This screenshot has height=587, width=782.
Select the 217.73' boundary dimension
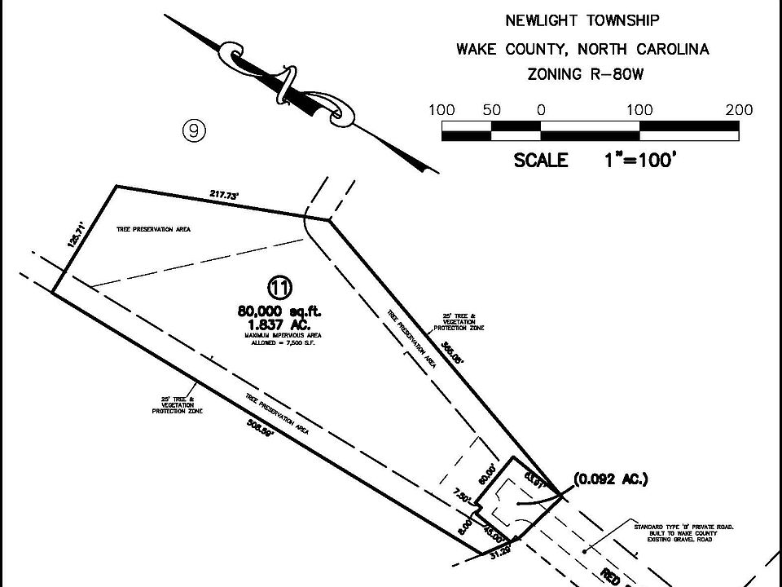point(222,195)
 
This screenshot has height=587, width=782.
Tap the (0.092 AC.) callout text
point(611,479)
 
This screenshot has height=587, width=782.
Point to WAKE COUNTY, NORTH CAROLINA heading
point(582,49)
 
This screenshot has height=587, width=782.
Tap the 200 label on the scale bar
point(738,110)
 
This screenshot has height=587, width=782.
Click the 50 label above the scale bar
point(492,110)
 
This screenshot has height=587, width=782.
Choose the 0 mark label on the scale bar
point(540,110)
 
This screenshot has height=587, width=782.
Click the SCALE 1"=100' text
point(595,161)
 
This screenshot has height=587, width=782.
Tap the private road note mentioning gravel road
point(683,533)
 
